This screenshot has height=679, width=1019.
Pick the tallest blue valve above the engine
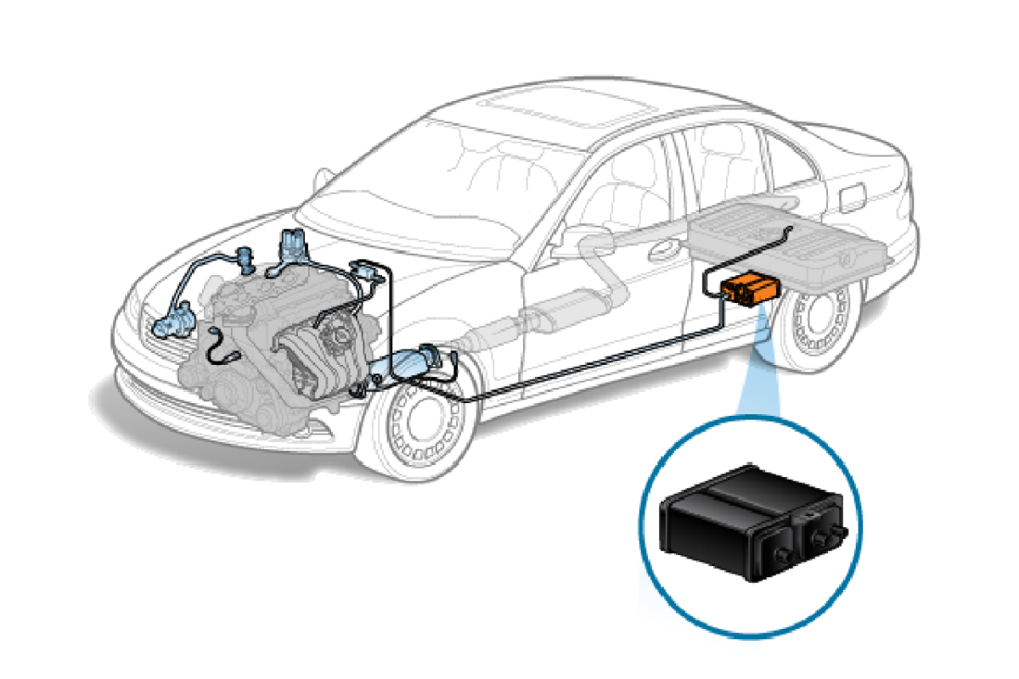click(292, 246)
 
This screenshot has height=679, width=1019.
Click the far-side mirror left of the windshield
click(323, 179)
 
